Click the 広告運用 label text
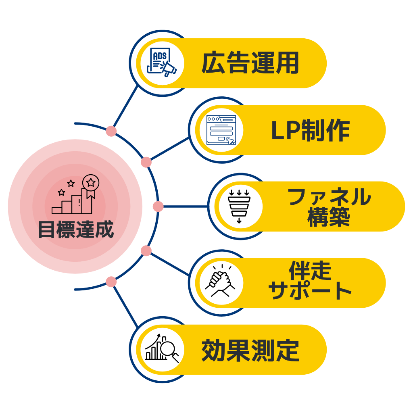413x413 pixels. point(250,63)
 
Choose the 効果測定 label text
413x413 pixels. point(250,350)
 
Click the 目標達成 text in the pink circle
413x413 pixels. point(76,229)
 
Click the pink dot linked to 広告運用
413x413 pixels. point(111,131)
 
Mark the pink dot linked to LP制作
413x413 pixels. point(146,162)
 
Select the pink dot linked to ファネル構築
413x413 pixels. point(158,206)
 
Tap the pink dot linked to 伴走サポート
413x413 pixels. point(146,251)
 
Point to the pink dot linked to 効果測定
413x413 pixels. point(111,282)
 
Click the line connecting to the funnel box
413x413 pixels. point(186,206)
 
